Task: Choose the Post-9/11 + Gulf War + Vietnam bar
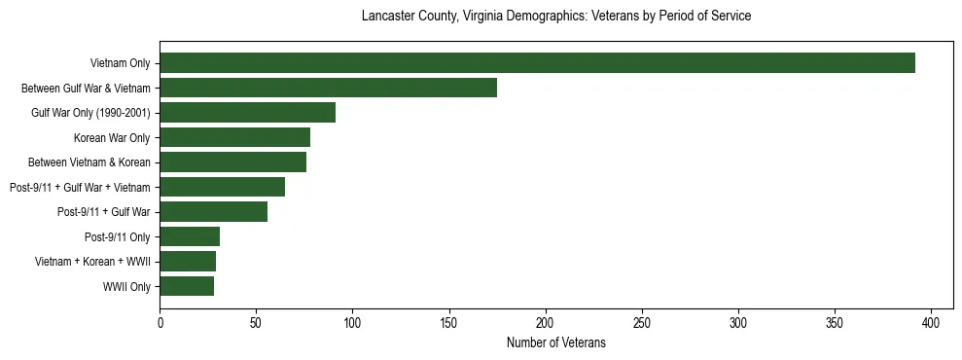[222, 187]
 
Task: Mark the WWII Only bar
[187, 286]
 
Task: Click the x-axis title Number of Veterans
[555, 342]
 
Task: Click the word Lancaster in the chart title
[386, 17]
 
